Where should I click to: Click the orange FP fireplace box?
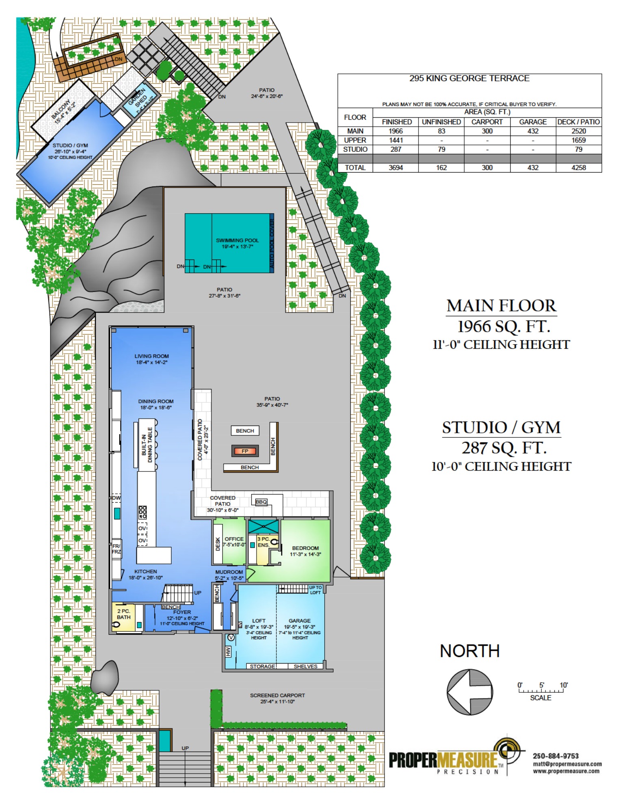[245, 451]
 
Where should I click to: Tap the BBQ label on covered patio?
[261, 501]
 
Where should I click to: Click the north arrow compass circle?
[470, 692]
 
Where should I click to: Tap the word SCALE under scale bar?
[540, 698]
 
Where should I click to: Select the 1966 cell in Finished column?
[395, 131]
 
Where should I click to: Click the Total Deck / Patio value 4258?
[578, 168]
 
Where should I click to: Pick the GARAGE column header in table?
[533, 122]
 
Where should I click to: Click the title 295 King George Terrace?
[469, 78]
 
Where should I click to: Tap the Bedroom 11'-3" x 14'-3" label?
[305, 551]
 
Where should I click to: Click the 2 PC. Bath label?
[123, 614]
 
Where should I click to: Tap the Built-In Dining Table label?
[147, 445]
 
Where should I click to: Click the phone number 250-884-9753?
[555, 756]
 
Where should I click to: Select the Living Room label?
[151, 359]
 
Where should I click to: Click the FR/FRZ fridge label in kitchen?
[116, 549]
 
